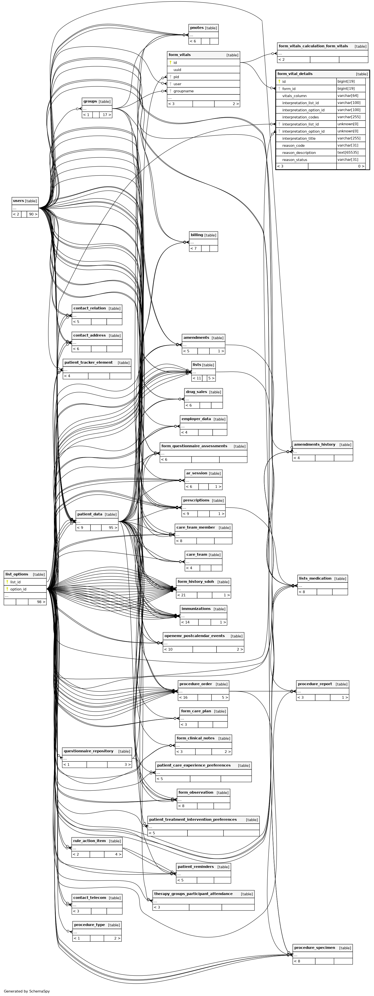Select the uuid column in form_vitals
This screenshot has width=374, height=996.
tap(177, 69)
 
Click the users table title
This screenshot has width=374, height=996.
tap(19, 201)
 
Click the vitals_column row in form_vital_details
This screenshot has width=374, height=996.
tap(294, 95)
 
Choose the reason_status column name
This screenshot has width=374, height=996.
tap(294, 159)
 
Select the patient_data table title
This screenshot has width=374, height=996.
tap(90, 514)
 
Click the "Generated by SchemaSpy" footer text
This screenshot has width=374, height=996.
tap(27, 991)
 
